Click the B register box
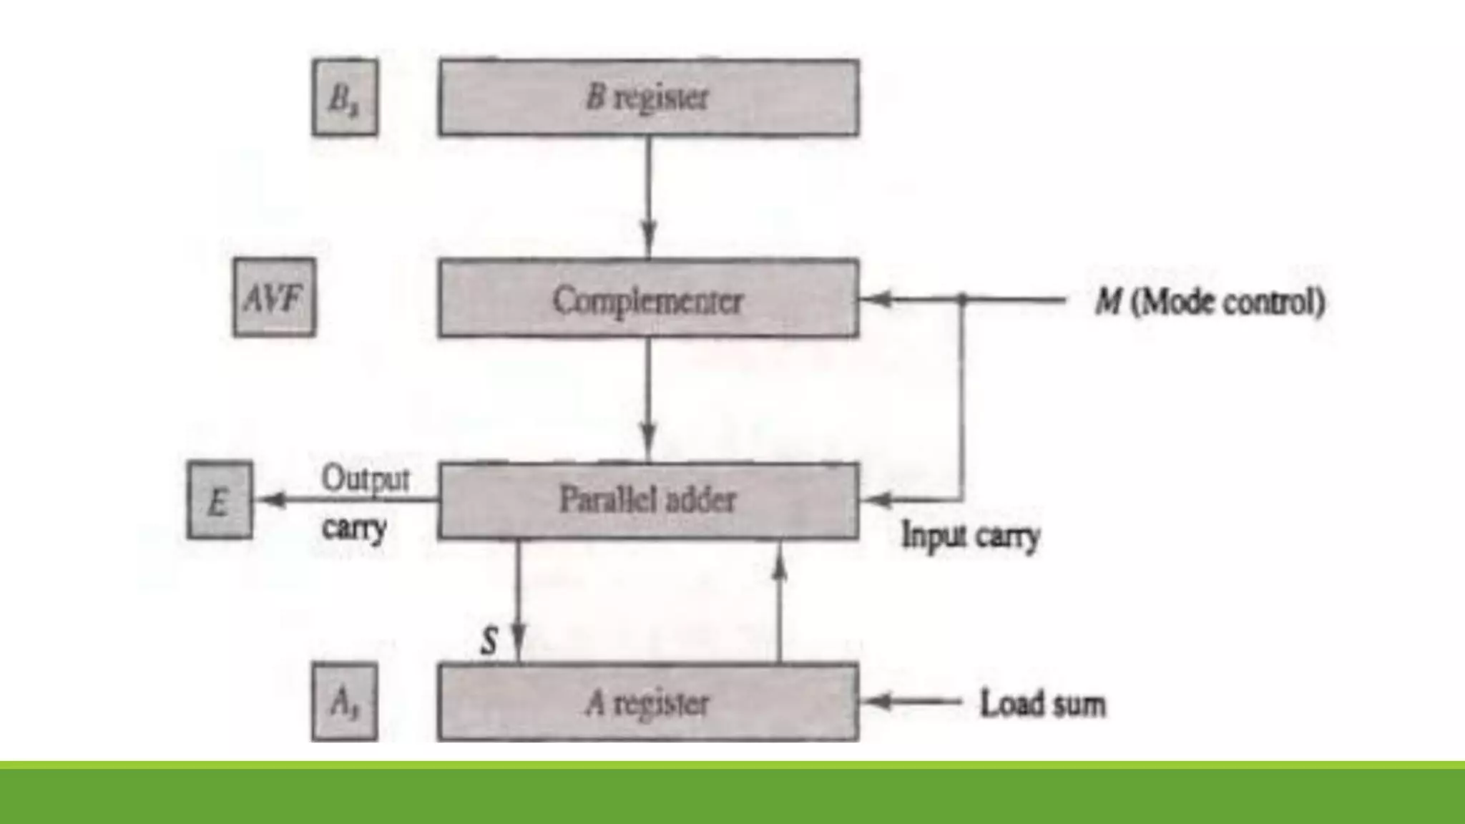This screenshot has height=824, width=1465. pos(649,98)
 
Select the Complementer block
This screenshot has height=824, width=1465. pos(649,299)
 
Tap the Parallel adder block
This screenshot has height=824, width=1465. pos(649,500)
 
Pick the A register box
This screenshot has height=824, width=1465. pos(649,702)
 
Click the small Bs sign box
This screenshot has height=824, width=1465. pos(345,98)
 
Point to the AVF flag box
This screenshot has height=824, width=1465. pos(274,298)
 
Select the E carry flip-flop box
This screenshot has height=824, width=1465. pos(220,500)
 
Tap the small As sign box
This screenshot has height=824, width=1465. pos(345,702)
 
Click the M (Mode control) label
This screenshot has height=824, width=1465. pos(1210,301)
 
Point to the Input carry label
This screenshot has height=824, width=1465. pos(970,536)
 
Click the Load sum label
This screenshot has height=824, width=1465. pos(1042,704)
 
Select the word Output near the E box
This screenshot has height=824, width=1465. pos(366,479)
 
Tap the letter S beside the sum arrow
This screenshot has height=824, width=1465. pos(489,640)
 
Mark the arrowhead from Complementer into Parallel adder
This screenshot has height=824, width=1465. pos(649,438)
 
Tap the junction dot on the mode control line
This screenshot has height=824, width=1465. pos(962,299)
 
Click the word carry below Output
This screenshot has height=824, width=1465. pos(354,529)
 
